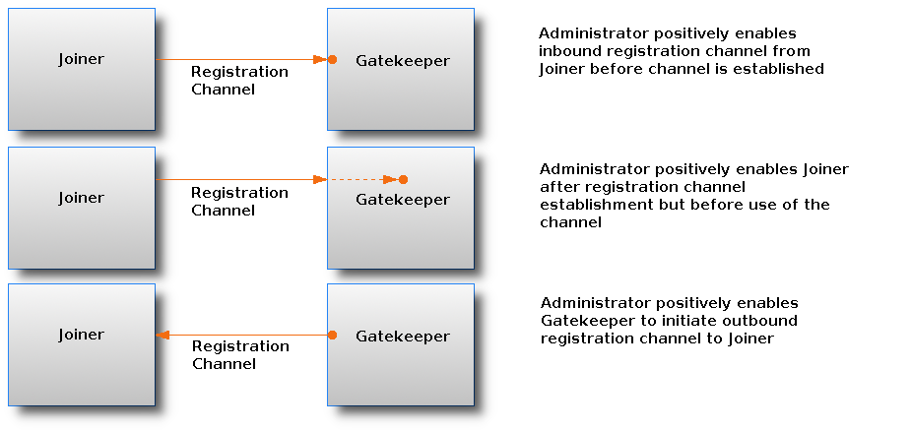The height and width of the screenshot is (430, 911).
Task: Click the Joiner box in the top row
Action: tap(81, 69)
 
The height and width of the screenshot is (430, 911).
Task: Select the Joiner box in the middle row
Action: tap(81, 208)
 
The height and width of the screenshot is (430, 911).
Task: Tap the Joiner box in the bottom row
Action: tap(81, 344)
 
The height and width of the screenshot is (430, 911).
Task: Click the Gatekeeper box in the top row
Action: tap(401, 69)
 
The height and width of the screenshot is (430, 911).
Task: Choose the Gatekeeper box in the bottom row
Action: tap(401, 344)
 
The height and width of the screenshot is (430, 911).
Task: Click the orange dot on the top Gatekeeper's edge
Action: tap(332, 60)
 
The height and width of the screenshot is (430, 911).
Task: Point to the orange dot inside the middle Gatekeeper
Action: tap(403, 179)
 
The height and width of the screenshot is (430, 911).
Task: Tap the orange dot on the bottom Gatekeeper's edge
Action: tap(332, 336)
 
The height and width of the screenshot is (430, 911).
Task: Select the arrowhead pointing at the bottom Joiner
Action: tap(163, 336)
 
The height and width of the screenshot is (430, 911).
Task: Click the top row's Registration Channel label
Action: tap(239, 81)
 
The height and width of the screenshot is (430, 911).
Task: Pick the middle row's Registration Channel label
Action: tap(239, 202)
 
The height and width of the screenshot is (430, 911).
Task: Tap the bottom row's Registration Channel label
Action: tap(240, 355)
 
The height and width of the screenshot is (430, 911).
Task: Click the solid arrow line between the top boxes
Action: tap(236, 60)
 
